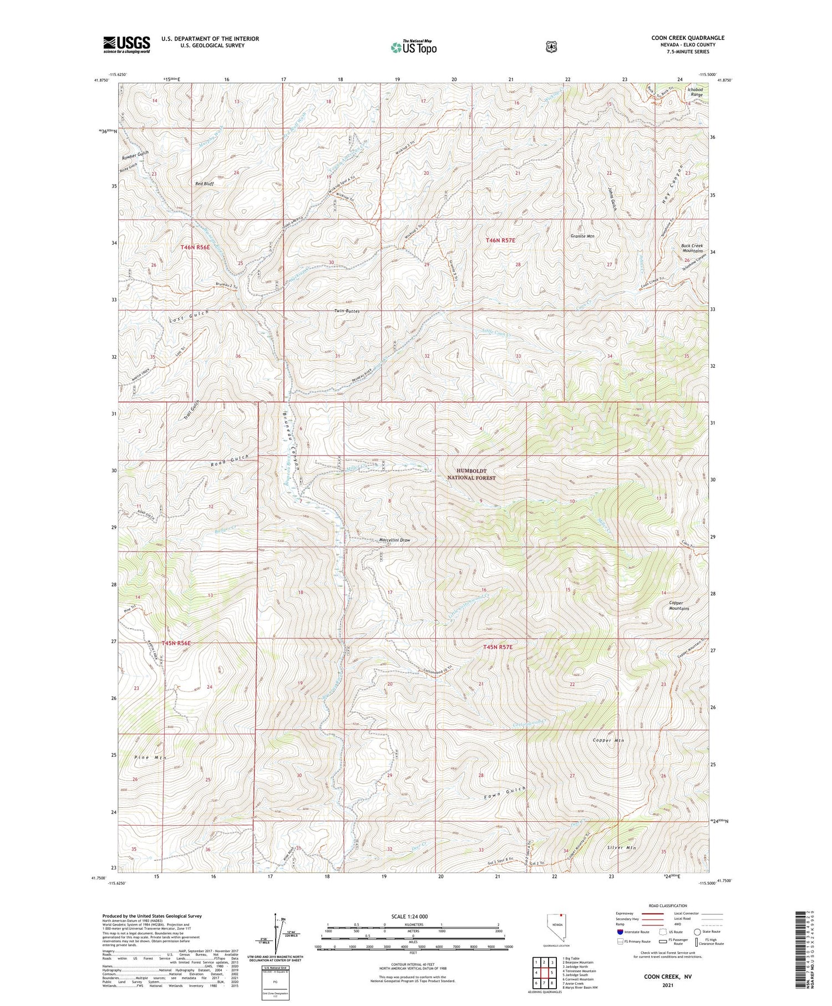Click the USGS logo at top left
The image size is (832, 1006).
point(126,44)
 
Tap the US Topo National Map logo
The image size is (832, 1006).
point(413,47)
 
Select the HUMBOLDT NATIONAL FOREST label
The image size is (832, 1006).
point(471,474)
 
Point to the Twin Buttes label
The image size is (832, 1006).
point(347,311)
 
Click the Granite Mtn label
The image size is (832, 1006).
point(582,236)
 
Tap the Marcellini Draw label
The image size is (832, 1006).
point(394,540)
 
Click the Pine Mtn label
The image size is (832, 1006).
point(150,757)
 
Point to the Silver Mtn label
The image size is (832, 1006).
point(622,848)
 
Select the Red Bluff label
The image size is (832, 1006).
point(204,183)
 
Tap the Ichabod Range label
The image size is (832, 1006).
point(695,92)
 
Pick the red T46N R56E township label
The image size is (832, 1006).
point(195,247)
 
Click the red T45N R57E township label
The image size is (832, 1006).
point(498,647)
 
